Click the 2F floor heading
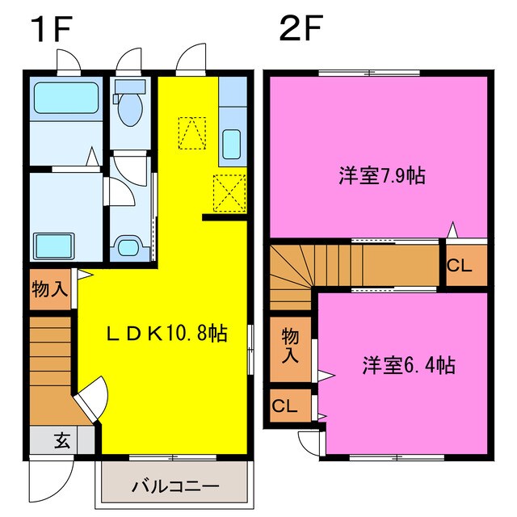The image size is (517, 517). pyautogui.click(x=301, y=31)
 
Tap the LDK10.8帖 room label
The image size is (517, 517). pyautogui.click(x=168, y=333)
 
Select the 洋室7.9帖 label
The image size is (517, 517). pyautogui.click(x=382, y=175)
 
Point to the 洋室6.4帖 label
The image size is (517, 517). pyautogui.click(x=408, y=365)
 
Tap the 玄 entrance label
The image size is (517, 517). pyautogui.click(x=61, y=440)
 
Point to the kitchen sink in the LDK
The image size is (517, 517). pyautogui.click(x=230, y=144)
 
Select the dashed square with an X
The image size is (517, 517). pyautogui.click(x=228, y=192)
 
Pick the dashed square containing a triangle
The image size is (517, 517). pyautogui.click(x=192, y=133)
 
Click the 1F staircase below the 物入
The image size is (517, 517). pyautogui.click(x=51, y=355)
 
